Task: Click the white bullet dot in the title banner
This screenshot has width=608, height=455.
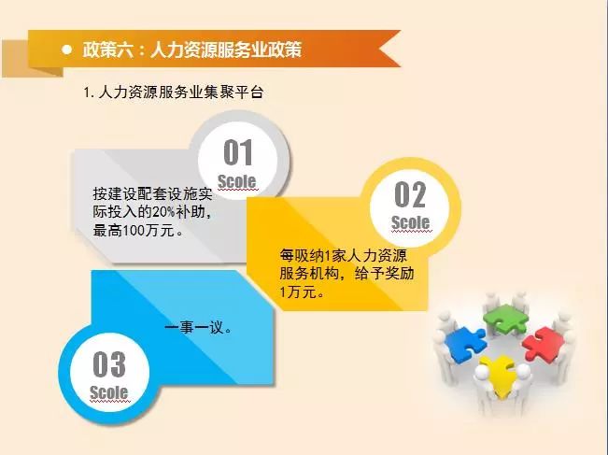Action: click(66, 50)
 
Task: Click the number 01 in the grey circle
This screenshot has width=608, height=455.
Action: click(238, 152)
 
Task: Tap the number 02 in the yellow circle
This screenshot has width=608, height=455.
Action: click(410, 194)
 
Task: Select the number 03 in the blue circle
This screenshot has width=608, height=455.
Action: click(109, 363)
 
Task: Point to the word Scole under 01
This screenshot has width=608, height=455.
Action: click(237, 181)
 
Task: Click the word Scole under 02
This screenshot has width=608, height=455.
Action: click(411, 222)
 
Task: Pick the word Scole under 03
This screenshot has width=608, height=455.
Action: click(109, 392)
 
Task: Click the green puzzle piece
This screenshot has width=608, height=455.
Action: click(505, 319)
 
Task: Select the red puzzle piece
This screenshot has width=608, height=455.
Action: click(543, 343)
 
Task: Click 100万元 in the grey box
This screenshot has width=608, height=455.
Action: click(148, 231)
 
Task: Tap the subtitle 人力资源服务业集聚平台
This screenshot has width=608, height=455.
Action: click(181, 92)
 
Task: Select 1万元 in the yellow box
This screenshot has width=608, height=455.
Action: click(298, 291)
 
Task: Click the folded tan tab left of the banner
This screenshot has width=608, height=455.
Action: click(32, 58)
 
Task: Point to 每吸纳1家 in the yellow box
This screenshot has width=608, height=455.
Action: click(311, 256)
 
